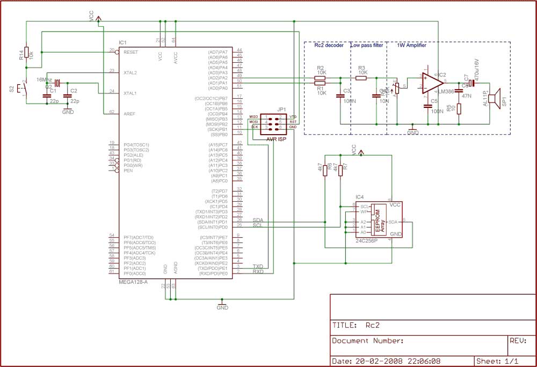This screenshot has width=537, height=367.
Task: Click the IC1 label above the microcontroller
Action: click(122, 42)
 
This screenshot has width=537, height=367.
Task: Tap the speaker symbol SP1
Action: click(497, 100)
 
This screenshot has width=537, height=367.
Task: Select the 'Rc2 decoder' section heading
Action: click(329, 46)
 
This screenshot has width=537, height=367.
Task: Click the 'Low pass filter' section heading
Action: click(367, 46)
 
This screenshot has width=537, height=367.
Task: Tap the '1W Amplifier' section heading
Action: click(411, 46)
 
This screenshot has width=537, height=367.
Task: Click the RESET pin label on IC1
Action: click(131, 52)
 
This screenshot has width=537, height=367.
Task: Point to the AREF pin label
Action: click(129, 113)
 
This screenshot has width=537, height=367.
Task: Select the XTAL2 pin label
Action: click(130, 72)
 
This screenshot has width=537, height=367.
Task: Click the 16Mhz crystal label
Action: click(44, 79)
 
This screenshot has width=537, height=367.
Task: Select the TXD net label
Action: click(257, 266)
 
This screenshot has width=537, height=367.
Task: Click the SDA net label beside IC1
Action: click(257, 220)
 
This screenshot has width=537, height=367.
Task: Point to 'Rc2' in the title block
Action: click(373, 325)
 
